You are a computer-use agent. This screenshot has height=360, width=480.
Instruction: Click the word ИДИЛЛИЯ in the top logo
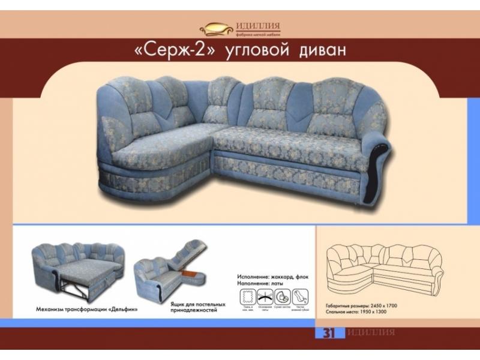point(259,25)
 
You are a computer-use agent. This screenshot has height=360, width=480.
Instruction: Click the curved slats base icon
point(265,296)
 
